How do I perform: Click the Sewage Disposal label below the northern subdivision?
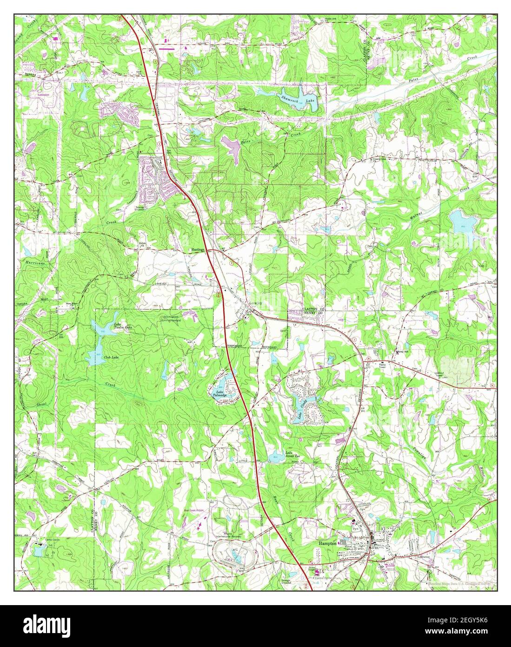(140, 209)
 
